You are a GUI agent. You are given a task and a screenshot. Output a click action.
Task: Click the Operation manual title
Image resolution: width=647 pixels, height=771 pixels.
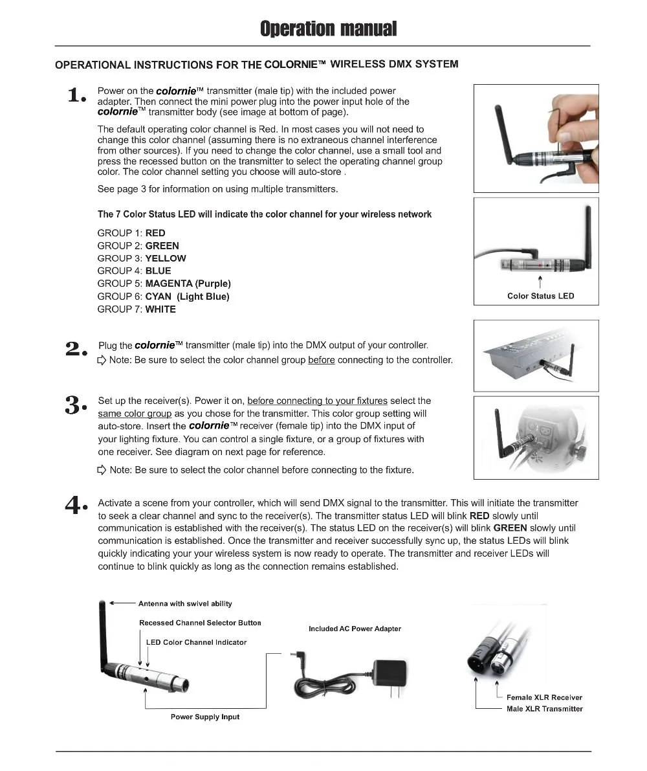tap(328, 29)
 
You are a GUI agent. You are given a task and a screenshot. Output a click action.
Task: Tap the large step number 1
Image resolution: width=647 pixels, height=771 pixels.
tap(76, 96)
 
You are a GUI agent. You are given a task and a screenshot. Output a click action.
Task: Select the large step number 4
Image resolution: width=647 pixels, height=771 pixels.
tap(76, 505)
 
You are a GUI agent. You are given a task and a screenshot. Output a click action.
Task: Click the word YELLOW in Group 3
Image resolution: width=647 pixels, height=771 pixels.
tap(166, 258)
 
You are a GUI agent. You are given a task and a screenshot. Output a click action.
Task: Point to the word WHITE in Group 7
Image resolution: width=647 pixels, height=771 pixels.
tap(160, 309)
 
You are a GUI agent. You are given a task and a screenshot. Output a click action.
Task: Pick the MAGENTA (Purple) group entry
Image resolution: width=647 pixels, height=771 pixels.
tap(188, 284)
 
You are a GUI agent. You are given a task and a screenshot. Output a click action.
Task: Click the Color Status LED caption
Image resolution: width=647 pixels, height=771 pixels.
tap(540, 296)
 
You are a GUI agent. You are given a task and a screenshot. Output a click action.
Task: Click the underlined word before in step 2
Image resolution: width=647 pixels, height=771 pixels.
tap(322, 360)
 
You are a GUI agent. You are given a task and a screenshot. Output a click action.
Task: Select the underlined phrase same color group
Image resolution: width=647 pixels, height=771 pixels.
tap(135, 414)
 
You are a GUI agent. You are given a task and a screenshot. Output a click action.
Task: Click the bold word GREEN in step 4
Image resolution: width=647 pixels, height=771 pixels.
tap(510, 528)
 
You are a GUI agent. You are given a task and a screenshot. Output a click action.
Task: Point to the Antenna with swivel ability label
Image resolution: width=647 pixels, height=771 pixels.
tap(185, 604)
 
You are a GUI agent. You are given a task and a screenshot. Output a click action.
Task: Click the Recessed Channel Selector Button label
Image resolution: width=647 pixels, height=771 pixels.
tap(200, 623)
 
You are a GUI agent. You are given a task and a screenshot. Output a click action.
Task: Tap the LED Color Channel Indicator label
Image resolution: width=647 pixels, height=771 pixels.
tap(196, 642)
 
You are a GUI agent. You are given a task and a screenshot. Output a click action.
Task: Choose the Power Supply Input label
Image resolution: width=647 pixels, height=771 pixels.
tap(205, 717)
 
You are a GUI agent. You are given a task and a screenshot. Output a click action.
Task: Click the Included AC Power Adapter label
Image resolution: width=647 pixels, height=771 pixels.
tap(355, 629)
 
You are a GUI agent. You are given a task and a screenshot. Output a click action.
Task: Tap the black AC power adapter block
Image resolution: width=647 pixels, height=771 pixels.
tap(391, 674)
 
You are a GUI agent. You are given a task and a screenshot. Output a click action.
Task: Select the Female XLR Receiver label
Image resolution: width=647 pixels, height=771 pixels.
tap(544, 697)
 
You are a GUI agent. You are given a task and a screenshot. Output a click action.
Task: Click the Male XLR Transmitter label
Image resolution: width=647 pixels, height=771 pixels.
tap(544, 709)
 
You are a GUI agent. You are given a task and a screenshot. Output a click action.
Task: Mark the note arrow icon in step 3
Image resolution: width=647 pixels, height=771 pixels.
tap(102, 470)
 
